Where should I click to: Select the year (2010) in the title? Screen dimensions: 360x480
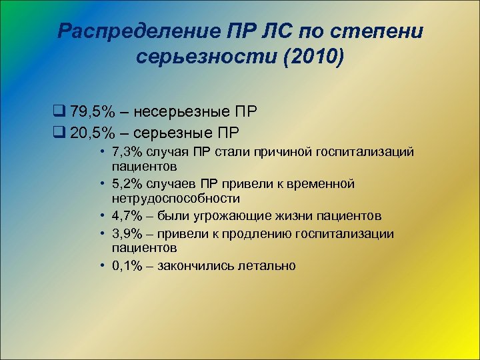tap(313, 58)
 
